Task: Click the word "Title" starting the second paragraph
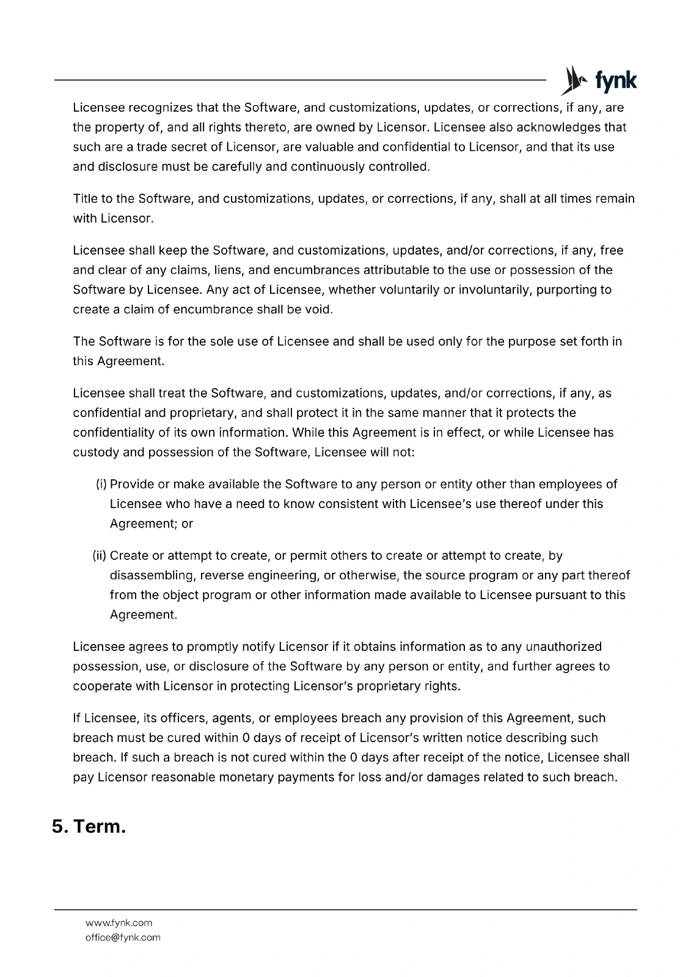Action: [86, 199]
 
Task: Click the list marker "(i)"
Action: [101, 485]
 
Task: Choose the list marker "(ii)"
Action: [100, 556]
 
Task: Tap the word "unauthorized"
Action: [563, 647]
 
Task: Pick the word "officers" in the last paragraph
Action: [183, 719]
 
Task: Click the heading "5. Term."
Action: [89, 827]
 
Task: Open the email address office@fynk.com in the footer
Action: [123, 938]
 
